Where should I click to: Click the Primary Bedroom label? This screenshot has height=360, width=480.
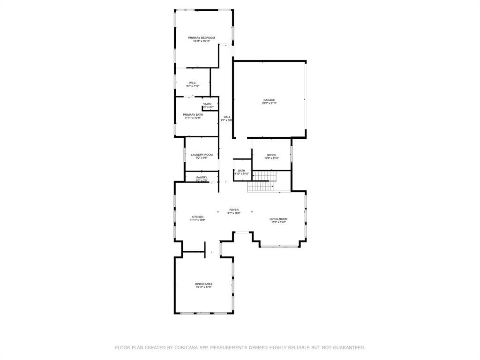point(202,37)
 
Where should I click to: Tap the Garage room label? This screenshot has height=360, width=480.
point(269,100)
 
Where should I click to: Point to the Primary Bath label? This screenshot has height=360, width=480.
point(193,114)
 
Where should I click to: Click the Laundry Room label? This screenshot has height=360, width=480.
point(202,155)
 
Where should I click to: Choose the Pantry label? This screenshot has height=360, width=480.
point(202,178)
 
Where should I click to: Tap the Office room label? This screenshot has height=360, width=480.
point(271,155)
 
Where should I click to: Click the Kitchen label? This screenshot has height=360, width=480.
point(197,217)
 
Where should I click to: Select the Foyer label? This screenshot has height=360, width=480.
point(234,210)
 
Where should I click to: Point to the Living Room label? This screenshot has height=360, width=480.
point(278,219)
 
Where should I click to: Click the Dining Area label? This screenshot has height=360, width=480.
point(204,284)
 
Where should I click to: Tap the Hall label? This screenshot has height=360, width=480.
point(227,117)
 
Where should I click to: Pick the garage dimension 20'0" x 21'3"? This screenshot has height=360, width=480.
point(269,103)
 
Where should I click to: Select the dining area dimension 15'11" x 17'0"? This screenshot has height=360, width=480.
point(204,287)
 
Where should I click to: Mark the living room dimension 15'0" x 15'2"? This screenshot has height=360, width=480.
point(278,222)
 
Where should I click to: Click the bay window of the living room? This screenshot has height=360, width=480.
point(279,246)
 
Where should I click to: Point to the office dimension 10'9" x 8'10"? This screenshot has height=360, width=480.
point(271,158)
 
